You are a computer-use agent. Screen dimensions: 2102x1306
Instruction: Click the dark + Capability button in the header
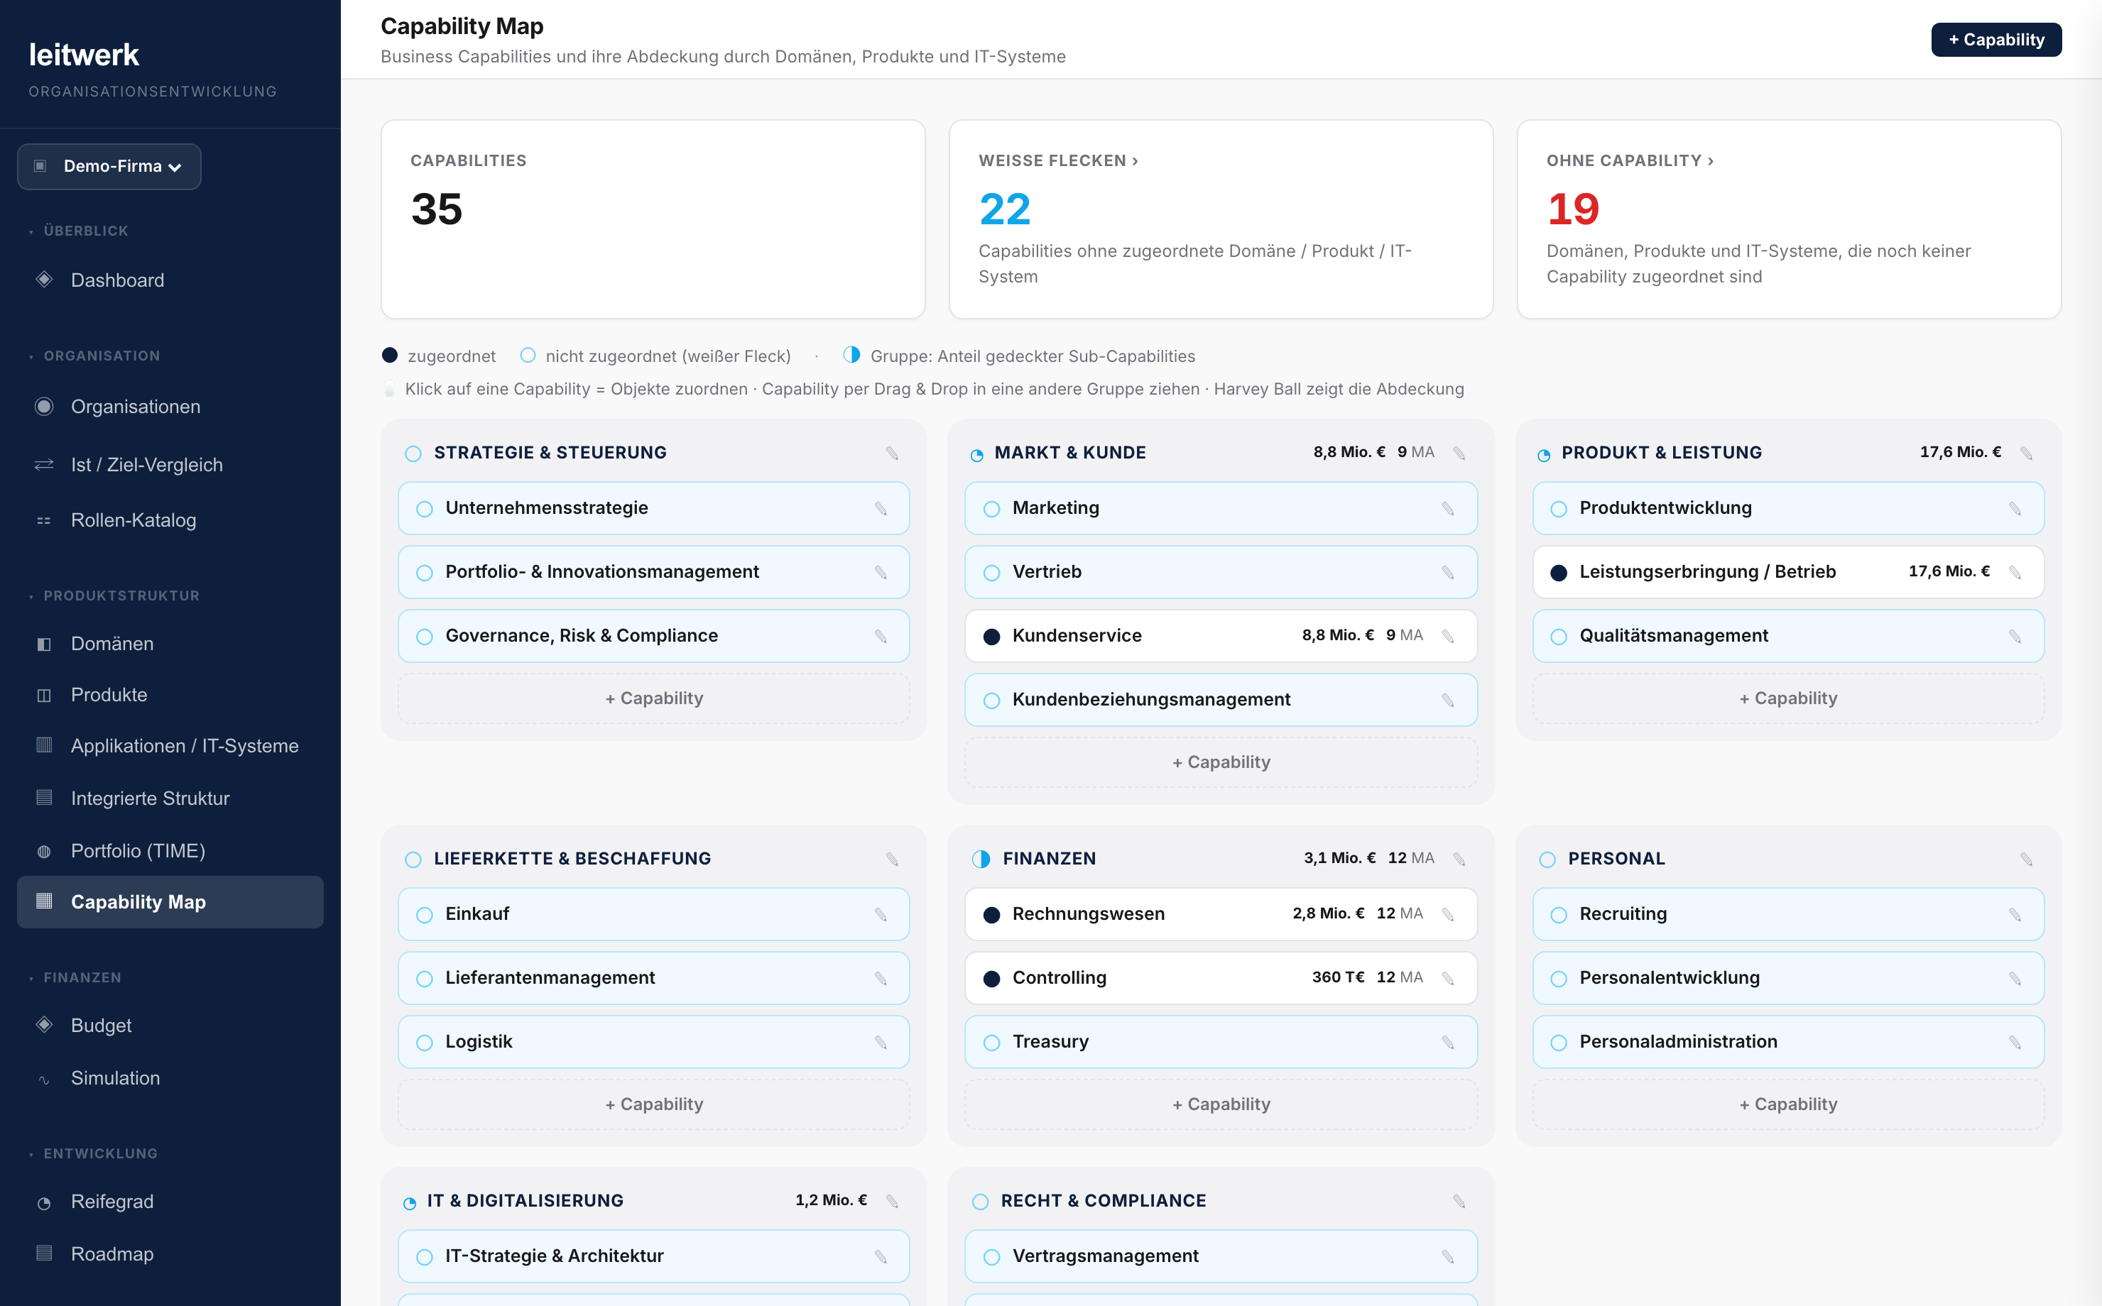[x=1995, y=40]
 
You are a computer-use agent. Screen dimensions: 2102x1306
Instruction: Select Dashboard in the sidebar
[x=117, y=280]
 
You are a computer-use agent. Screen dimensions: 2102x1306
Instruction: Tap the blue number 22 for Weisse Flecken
[x=1005, y=209]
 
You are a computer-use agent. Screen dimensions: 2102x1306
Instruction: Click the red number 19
[x=1573, y=209]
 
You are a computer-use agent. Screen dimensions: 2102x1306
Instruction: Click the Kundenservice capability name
[x=1077, y=636]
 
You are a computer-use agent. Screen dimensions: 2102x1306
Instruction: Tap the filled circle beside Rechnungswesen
[x=992, y=915]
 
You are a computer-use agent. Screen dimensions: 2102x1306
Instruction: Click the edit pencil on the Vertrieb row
[x=1448, y=573]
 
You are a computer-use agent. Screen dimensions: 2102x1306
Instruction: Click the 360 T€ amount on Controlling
[x=1339, y=977]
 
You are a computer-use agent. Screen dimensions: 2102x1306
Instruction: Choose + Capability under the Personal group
[x=1788, y=1104]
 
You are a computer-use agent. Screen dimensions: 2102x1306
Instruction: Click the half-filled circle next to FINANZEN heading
[x=981, y=859]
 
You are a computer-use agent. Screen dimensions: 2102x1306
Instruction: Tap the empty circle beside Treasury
[x=992, y=1043]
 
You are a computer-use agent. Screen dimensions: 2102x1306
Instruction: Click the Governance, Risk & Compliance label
[x=582, y=636]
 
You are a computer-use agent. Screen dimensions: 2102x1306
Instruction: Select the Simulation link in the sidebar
[x=116, y=1078]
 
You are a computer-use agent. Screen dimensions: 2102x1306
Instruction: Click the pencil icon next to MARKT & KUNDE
[x=1459, y=454]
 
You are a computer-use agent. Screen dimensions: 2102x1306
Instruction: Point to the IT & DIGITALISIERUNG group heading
[x=525, y=1201]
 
